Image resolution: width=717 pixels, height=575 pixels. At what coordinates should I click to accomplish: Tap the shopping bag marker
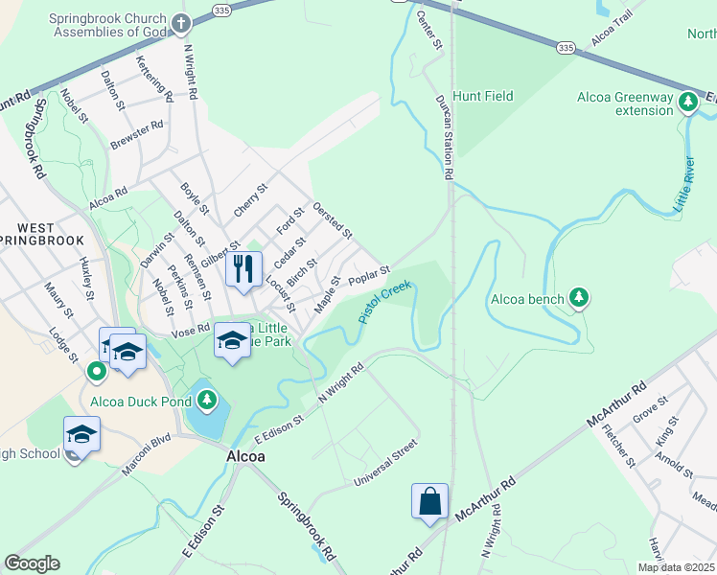(429, 501)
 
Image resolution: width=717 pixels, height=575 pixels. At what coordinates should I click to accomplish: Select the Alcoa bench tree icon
(578, 298)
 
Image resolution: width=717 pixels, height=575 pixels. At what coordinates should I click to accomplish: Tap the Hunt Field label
(483, 96)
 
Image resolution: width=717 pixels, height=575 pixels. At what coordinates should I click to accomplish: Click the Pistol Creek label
(385, 301)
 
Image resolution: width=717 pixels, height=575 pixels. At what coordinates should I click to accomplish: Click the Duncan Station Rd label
(444, 137)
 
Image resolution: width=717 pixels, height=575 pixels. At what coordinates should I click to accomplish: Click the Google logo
(32, 563)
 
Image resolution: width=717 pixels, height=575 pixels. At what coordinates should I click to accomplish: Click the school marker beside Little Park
(232, 340)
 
